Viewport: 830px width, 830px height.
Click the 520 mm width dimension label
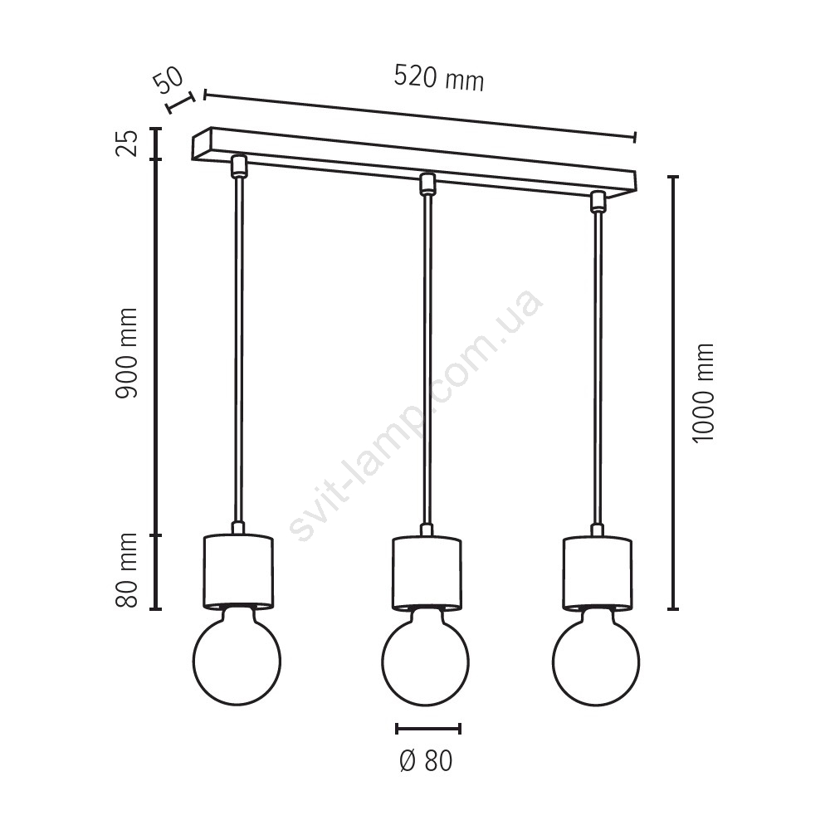pos(439,78)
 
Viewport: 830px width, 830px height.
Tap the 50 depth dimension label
pos(168,80)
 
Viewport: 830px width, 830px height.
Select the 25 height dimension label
pos(127,143)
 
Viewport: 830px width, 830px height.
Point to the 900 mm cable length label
pos(127,353)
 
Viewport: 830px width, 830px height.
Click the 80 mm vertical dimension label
pos(127,570)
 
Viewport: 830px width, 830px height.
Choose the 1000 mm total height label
pos(704,393)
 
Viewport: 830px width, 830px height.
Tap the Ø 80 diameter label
pos(426,760)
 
